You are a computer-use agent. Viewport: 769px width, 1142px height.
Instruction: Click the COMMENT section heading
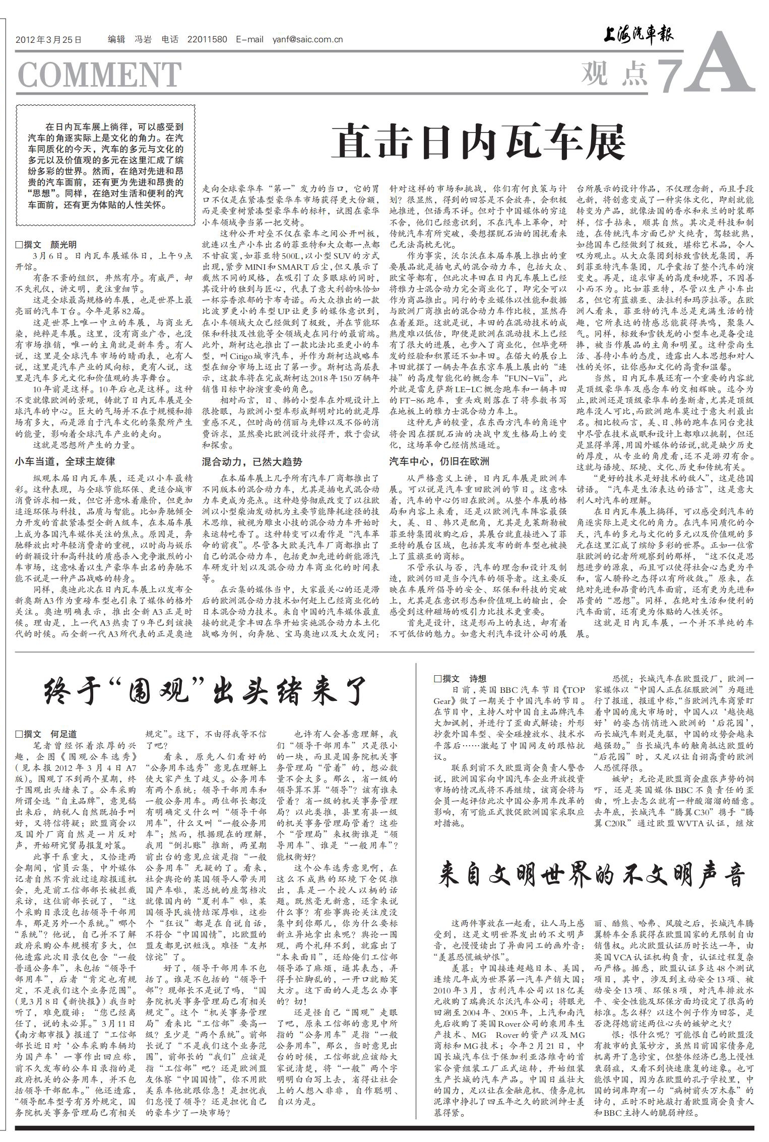click(x=99, y=74)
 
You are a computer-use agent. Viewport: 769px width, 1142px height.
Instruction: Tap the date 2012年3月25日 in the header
click(x=48, y=40)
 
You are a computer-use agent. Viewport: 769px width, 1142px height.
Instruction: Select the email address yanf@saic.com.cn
click(x=308, y=40)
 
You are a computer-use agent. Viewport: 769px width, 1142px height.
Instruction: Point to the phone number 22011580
click(x=207, y=40)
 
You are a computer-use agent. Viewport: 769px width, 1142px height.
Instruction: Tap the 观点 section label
click(x=614, y=74)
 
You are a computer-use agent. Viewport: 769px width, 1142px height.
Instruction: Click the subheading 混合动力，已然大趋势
click(x=251, y=461)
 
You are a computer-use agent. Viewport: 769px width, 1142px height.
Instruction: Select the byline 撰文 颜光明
click(x=46, y=245)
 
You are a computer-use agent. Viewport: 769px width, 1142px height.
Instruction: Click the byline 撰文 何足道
click(x=46, y=734)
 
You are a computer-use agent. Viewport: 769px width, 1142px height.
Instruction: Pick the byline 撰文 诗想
click(x=460, y=678)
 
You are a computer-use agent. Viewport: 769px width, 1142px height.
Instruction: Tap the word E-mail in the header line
click(x=249, y=40)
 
